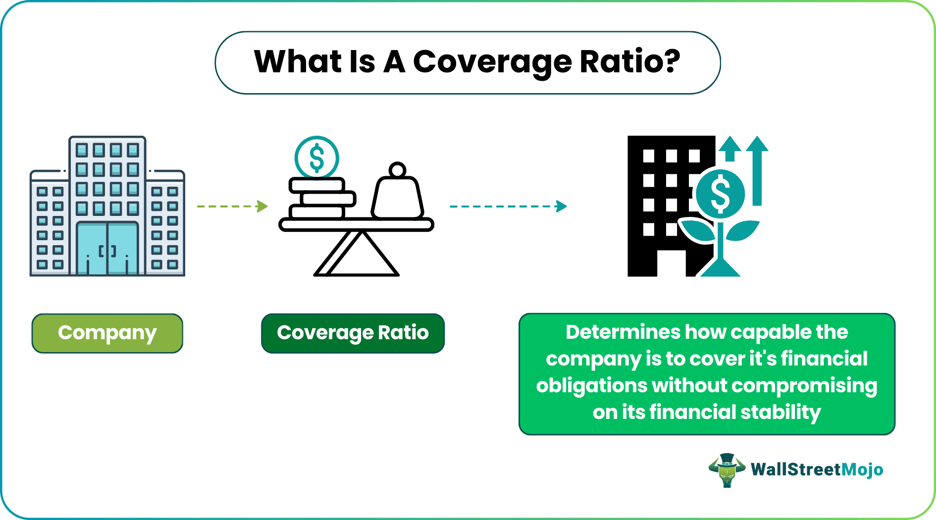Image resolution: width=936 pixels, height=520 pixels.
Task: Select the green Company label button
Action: tap(107, 333)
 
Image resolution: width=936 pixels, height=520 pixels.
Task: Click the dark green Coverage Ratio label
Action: tap(353, 333)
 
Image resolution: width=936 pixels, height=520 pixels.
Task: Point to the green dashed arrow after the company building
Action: tap(232, 206)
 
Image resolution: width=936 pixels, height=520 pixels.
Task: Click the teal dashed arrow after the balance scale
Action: tap(508, 206)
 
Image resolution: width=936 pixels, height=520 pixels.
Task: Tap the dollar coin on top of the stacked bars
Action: tap(316, 157)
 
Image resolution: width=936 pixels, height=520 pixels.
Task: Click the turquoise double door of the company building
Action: tap(107, 249)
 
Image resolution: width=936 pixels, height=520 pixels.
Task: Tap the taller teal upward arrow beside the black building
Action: tap(757, 171)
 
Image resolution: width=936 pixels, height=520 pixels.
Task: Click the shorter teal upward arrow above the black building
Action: tap(729, 148)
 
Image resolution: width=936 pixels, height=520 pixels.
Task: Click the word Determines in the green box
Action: tap(623, 332)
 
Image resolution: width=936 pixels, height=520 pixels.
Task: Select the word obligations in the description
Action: tap(591, 385)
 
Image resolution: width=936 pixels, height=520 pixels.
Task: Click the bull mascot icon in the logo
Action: tap(727, 469)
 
